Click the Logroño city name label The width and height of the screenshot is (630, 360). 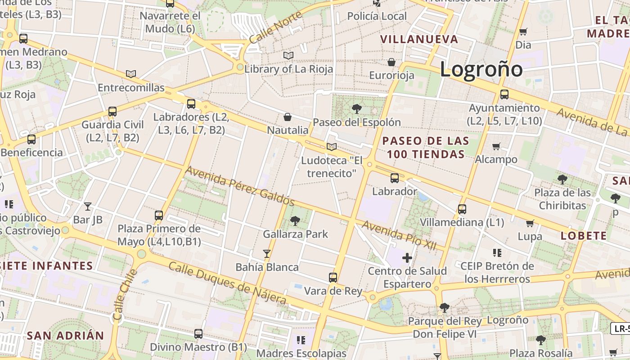tap(481, 69)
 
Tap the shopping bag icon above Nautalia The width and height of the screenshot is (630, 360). tap(288, 117)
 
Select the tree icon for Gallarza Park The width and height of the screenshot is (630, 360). tap(295, 220)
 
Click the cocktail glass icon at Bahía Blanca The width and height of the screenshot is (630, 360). tap(267, 254)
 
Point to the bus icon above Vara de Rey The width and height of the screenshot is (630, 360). tap(333, 278)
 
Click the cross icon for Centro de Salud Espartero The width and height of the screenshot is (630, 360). tap(407, 258)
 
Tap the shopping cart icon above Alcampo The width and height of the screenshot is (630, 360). tap(496, 146)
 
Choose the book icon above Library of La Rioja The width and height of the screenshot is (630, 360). tap(288, 55)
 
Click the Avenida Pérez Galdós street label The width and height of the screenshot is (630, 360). tap(239, 186)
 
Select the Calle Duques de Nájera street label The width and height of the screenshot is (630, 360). tap(227, 282)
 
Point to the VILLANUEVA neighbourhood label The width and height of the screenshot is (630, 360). tap(419, 39)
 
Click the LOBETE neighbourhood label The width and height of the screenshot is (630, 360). tap(584, 236)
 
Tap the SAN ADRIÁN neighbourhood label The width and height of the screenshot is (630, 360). tap(65, 335)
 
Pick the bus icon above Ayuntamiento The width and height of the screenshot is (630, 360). tap(504, 94)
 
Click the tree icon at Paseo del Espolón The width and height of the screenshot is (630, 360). tap(357, 108)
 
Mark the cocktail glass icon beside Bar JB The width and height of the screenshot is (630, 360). tap(88, 207)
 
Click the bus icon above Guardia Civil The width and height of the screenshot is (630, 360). tap(112, 112)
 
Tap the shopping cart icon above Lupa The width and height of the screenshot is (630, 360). tap(530, 223)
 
